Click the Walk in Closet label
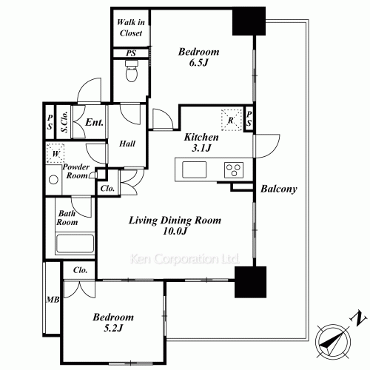pos(130,27)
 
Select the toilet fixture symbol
pos(131,73)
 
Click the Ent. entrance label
pos(94,124)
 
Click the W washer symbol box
pos(54,155)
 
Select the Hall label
pos(127,143)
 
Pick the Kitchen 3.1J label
pos(201,143)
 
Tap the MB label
pos(52,300)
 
